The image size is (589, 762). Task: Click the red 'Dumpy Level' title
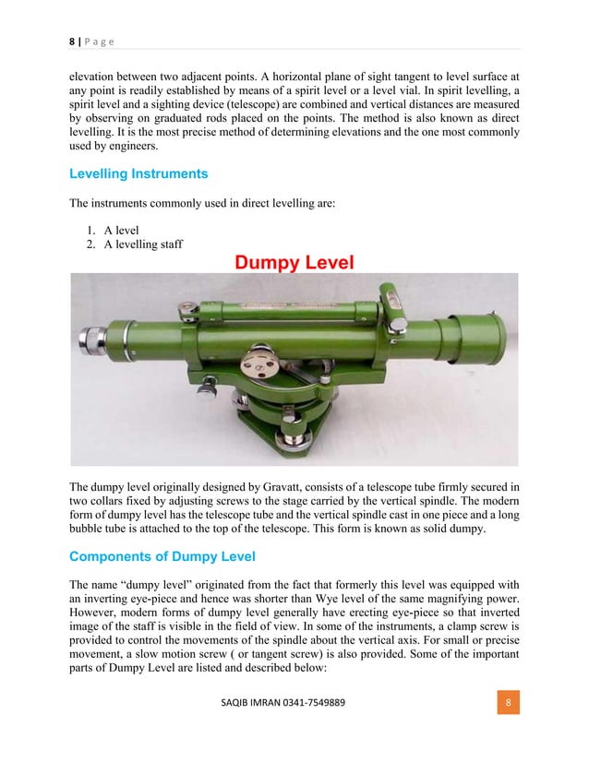(x=294, y=264)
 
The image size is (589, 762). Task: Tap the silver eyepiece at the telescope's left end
(x=93, y=337)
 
